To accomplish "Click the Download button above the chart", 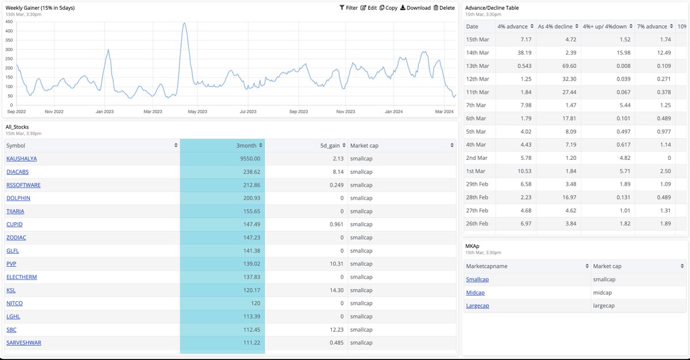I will pyautogui.click(x=415, y=8).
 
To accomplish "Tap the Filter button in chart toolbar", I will pyautogui.click(x=348, y=8).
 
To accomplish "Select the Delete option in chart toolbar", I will pyautogui.click(x=444, y=8).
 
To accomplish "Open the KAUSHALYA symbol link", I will pyautogui.click(x=22, y=159).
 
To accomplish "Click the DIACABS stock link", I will pyautogui.click(x=18, y=172).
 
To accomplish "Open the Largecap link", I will pyautogui.click(x=477, y=306).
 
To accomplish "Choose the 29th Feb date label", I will pyautogui.click(x=477, y=184).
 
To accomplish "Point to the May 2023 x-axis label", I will pyautogui.click(x=197, y=112).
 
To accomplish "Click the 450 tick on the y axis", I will pyautogui.click(x=9, y=22).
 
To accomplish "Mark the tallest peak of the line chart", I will pyautogui.click(x=183, y=24).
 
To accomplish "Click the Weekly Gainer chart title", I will pyautogui.click(x=40, y=8).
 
